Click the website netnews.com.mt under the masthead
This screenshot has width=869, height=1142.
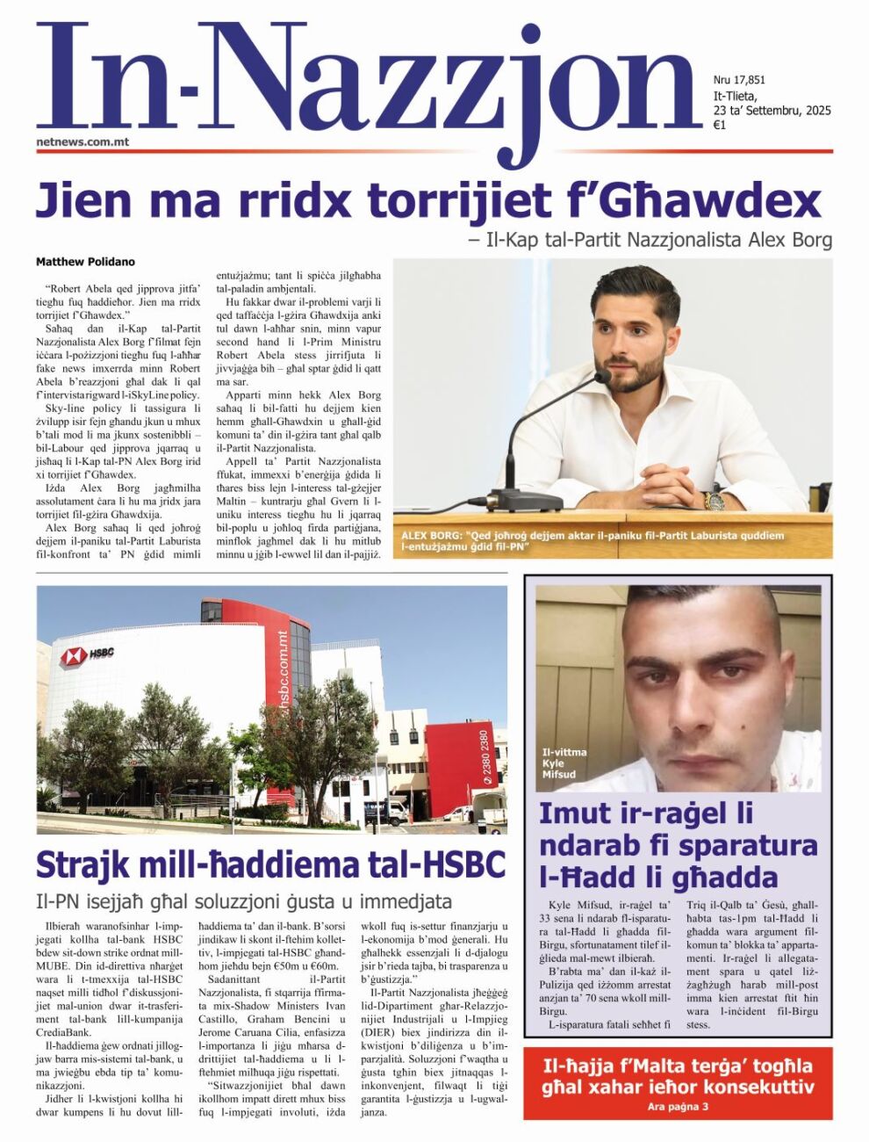[83, 141]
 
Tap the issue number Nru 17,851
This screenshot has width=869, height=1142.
[739, 80]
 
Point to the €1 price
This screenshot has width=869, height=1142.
[719, 126]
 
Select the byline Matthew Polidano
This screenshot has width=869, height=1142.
[85, 262]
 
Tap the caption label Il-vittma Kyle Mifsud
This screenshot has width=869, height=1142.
[564, 763]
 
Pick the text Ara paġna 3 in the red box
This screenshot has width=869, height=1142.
[677, 1106]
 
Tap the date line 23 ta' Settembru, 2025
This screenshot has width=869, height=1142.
[772, 111]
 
